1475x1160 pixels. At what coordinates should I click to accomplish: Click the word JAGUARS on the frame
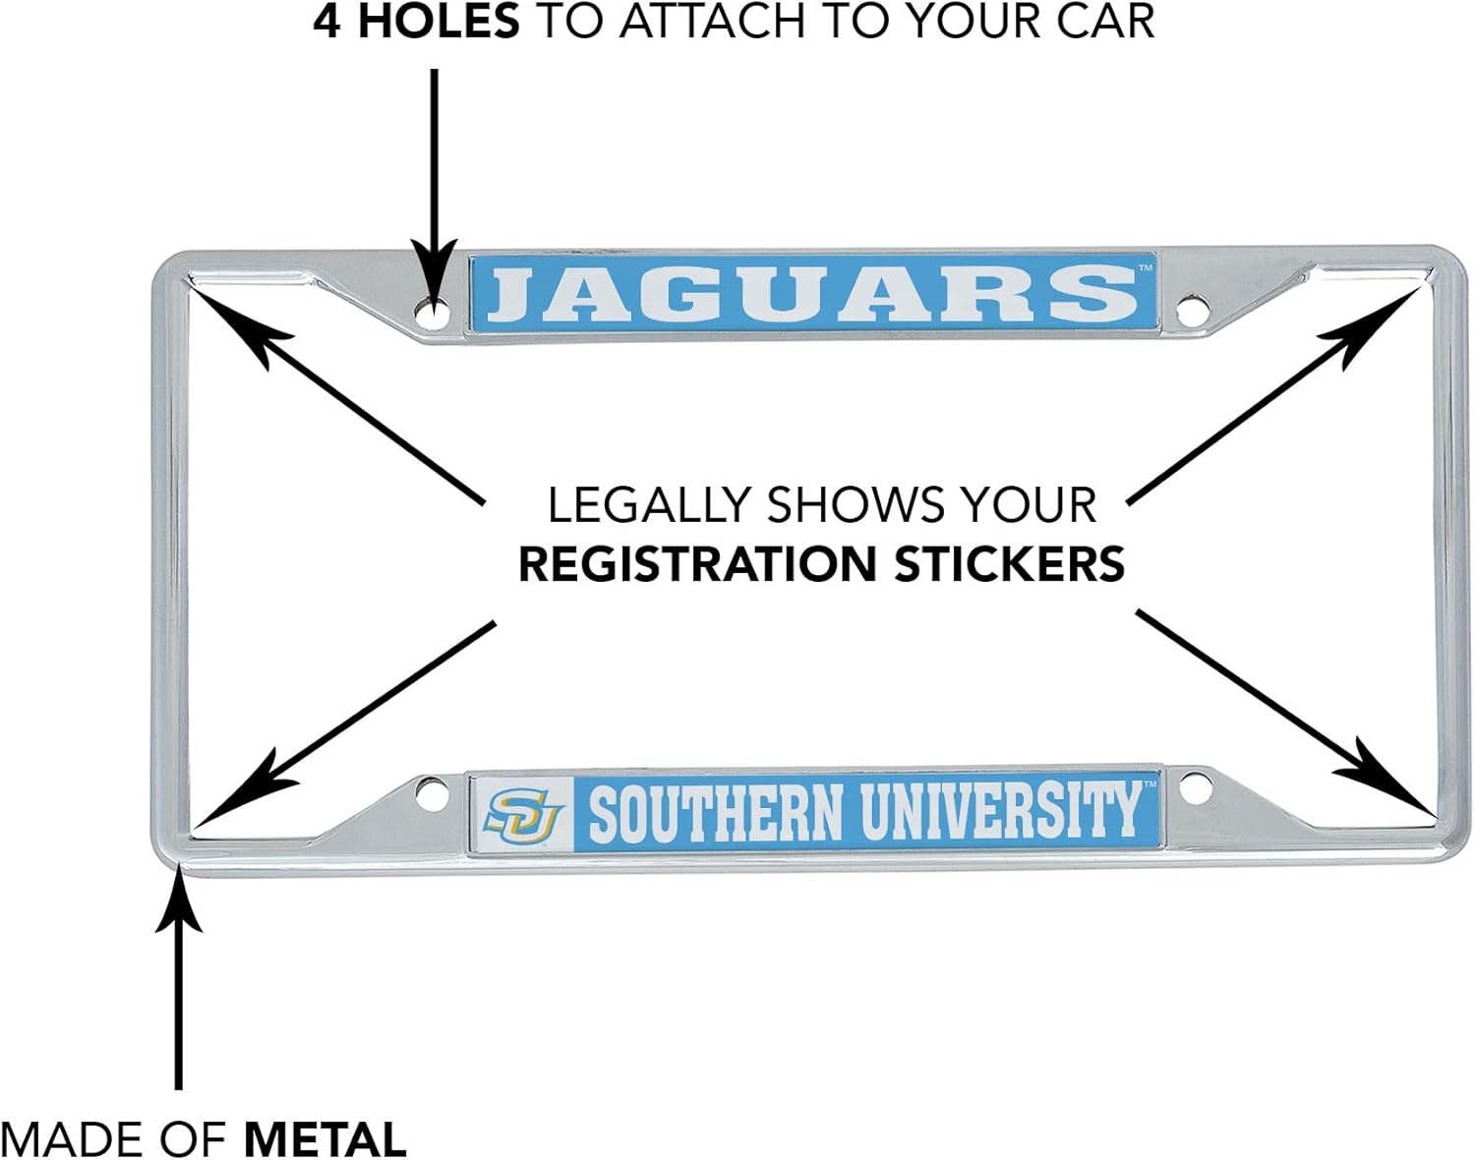click(x=812, y=294)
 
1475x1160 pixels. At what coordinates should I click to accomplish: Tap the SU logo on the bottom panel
click(x=523, y=814)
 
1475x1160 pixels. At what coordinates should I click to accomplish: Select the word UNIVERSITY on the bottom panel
click(x=1001, y=812)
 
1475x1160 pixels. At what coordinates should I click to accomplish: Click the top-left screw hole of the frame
click(x=431, y=315)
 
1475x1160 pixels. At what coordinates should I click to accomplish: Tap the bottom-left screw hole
click(x=430, y=794)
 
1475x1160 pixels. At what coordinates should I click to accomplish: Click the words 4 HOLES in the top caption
click(x=416, y=22)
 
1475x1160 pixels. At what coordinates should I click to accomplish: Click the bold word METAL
click(x=324, y=1139)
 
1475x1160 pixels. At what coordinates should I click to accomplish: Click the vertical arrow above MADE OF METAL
click(x=178, y=983)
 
